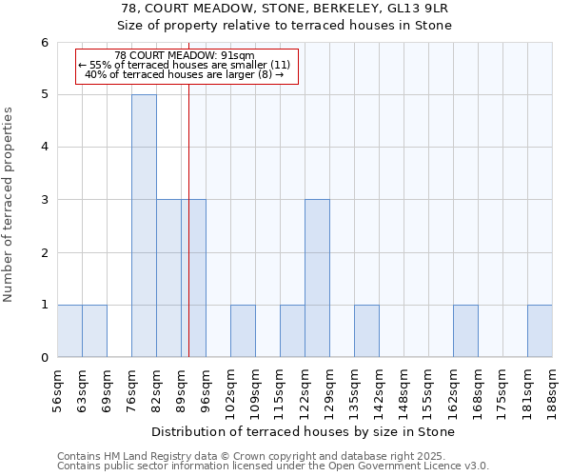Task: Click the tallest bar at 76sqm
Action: coord(144,226)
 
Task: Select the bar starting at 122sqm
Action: coord(317,278)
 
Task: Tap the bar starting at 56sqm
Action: coord(69,330)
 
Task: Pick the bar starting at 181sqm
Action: coord(540,330)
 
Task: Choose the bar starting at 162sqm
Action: coord(465,330)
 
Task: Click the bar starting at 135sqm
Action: coord(366,330)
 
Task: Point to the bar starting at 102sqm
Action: coord(243,330)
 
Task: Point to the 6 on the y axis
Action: coord(45,43)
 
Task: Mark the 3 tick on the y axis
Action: coord(45,200)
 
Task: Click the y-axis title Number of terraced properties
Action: coord(10,205)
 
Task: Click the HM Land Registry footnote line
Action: coord(257,456)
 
